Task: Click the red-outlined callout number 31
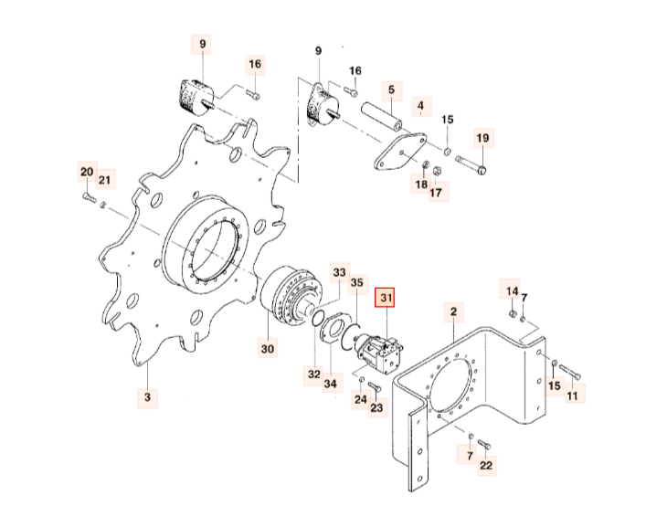click(x=385, y=298)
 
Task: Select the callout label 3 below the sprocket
click(x=146, y=397)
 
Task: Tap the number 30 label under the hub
click(x=267, y=348)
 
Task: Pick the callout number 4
click(x=420, y=107)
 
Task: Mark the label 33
click(x=339, y=272)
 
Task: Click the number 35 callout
click(x=357, y=283)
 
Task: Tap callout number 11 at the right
click(x=573, y=395)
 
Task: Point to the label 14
click(x=512, y=291)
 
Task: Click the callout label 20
click(x=86, y=172)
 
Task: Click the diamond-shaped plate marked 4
click(x=398, y=153)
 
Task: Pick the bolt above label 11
click(x=569, y=371)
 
